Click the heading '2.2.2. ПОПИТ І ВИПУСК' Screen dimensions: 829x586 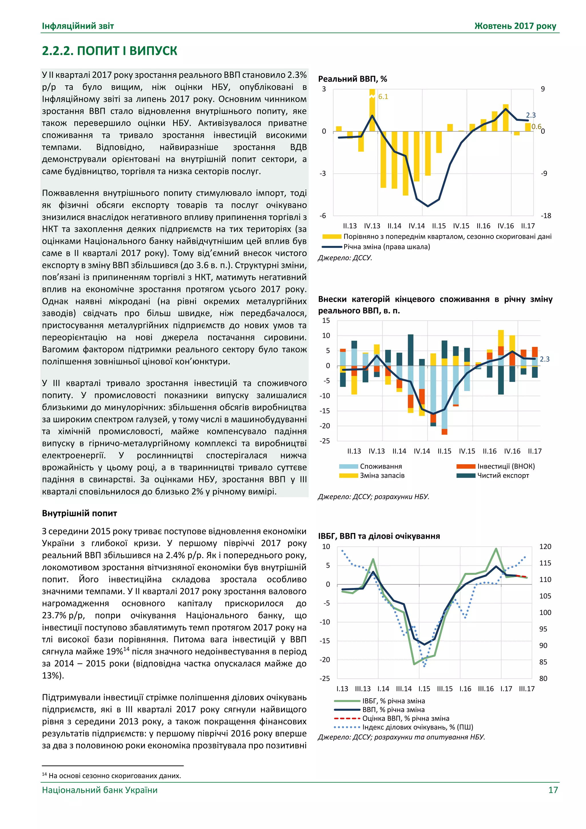tap(109, 51)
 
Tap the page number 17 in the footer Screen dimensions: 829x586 tap(553, 790)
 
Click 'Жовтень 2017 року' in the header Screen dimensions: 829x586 tap(515, 26)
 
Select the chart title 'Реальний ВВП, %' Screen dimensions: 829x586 tap(352, 79)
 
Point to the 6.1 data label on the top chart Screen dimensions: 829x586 tap(383, 97)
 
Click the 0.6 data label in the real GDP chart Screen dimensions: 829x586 tap(536, 126)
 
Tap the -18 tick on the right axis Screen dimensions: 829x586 tap(546, 216)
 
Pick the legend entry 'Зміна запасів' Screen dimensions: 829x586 tap(382, 475)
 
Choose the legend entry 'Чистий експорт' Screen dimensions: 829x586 tap(503, 475)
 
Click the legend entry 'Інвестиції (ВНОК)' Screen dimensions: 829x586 tap(506, 466)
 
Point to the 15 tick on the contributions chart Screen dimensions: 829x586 tap(326, 320)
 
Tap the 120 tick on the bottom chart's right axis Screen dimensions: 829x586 tap(545, 547)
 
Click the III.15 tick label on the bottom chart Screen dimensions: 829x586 tap(445, 688)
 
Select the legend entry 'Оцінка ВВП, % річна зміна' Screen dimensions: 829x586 tap(405, 719)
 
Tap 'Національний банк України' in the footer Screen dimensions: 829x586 tap(100, 790)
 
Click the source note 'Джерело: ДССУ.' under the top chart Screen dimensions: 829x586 tap(345, 258)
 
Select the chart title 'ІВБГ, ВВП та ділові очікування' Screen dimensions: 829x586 tap(379, 536)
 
